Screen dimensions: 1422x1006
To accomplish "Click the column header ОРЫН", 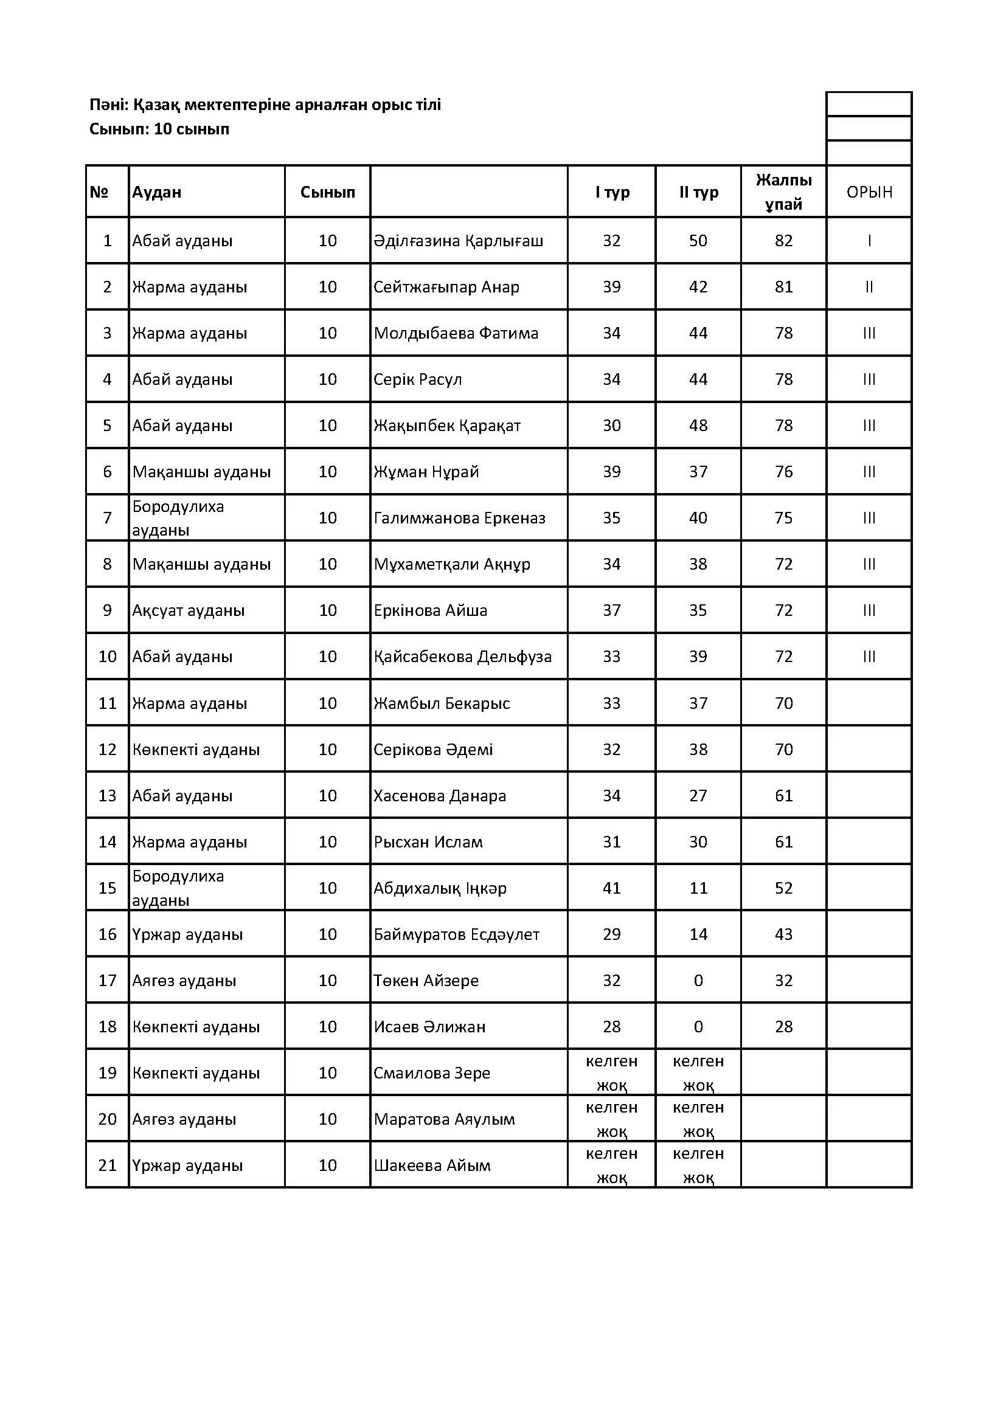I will pos(869,192).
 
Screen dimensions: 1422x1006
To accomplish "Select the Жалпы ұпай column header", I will pos(783,192).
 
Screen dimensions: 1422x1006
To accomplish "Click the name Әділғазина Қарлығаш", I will pos(459,241).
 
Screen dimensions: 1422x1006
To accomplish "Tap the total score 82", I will pos(783,241).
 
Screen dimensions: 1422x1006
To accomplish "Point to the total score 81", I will pos(783,287).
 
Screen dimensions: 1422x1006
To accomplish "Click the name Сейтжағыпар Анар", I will pos(446,287).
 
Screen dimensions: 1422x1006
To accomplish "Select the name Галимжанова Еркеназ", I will pos(459,518).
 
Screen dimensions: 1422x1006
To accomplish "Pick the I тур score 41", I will pos(611,888).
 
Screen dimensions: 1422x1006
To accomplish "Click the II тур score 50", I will pos(698,241).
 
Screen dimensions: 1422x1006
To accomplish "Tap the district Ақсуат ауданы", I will pos(189,610).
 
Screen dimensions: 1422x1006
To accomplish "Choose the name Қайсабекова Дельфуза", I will pos(462,657).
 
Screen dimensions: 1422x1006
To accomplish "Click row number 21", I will pos(108,1165).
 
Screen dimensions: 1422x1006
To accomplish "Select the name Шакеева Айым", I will pos(432,1165).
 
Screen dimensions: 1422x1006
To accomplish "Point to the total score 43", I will pos(783,934).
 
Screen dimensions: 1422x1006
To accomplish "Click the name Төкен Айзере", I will pos(426,981).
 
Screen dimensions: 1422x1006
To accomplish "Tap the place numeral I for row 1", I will pos(869,241).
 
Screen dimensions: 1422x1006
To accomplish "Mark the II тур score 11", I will pos(698,888).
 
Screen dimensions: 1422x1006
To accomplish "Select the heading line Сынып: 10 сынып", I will pos(159,129).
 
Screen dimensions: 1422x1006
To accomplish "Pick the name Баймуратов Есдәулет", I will pos(456,934).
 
